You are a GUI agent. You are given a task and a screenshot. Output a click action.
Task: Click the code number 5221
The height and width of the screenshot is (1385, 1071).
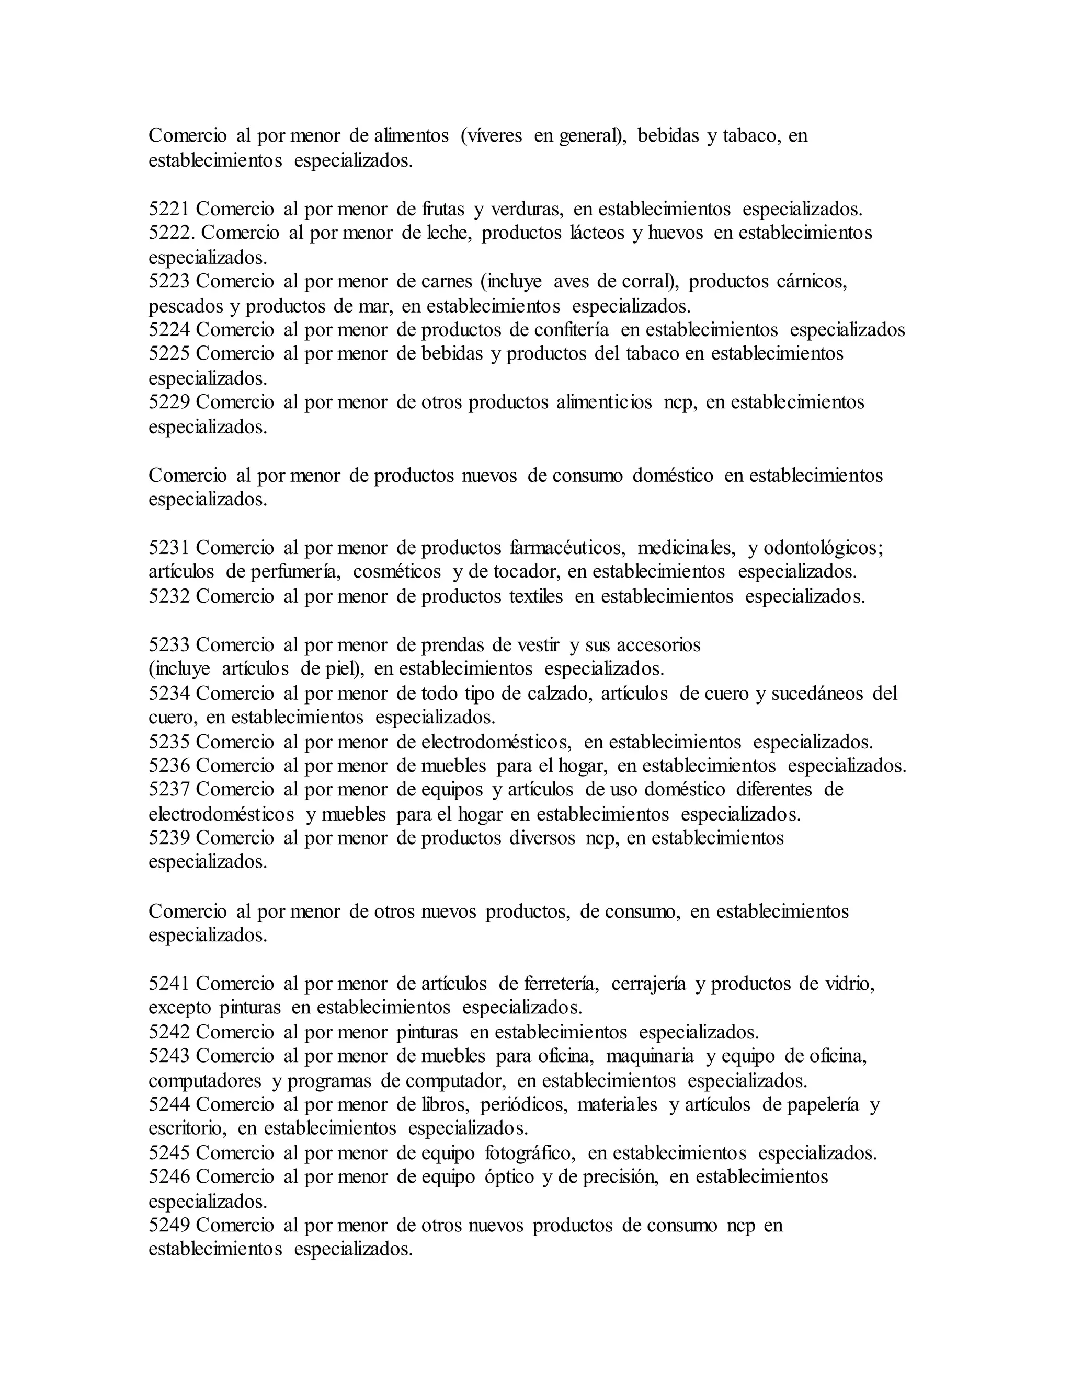click(x=169, y=209)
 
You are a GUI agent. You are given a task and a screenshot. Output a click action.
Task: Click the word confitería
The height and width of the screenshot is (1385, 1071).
click(x=571, y=330)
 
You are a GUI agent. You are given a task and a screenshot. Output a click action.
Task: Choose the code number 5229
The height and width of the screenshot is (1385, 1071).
click(x=169, y=402)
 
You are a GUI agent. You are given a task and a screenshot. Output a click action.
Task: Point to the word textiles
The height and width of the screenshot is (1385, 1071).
click(x=536, y=596)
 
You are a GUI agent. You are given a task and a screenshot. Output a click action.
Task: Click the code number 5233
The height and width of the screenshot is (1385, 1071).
click(x=169, y=645)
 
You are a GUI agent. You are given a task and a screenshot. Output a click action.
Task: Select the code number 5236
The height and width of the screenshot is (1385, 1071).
click(x=169, y=766)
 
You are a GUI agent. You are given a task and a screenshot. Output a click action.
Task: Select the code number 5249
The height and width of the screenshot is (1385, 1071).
click(x=169, y=1225)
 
